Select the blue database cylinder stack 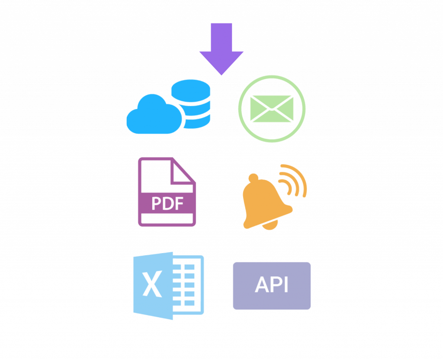coord(191,104)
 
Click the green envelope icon coord(272,108)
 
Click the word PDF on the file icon coord(167,203)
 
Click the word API coord(272,285)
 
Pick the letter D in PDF coord(168,203)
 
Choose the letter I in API coord(286,285)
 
